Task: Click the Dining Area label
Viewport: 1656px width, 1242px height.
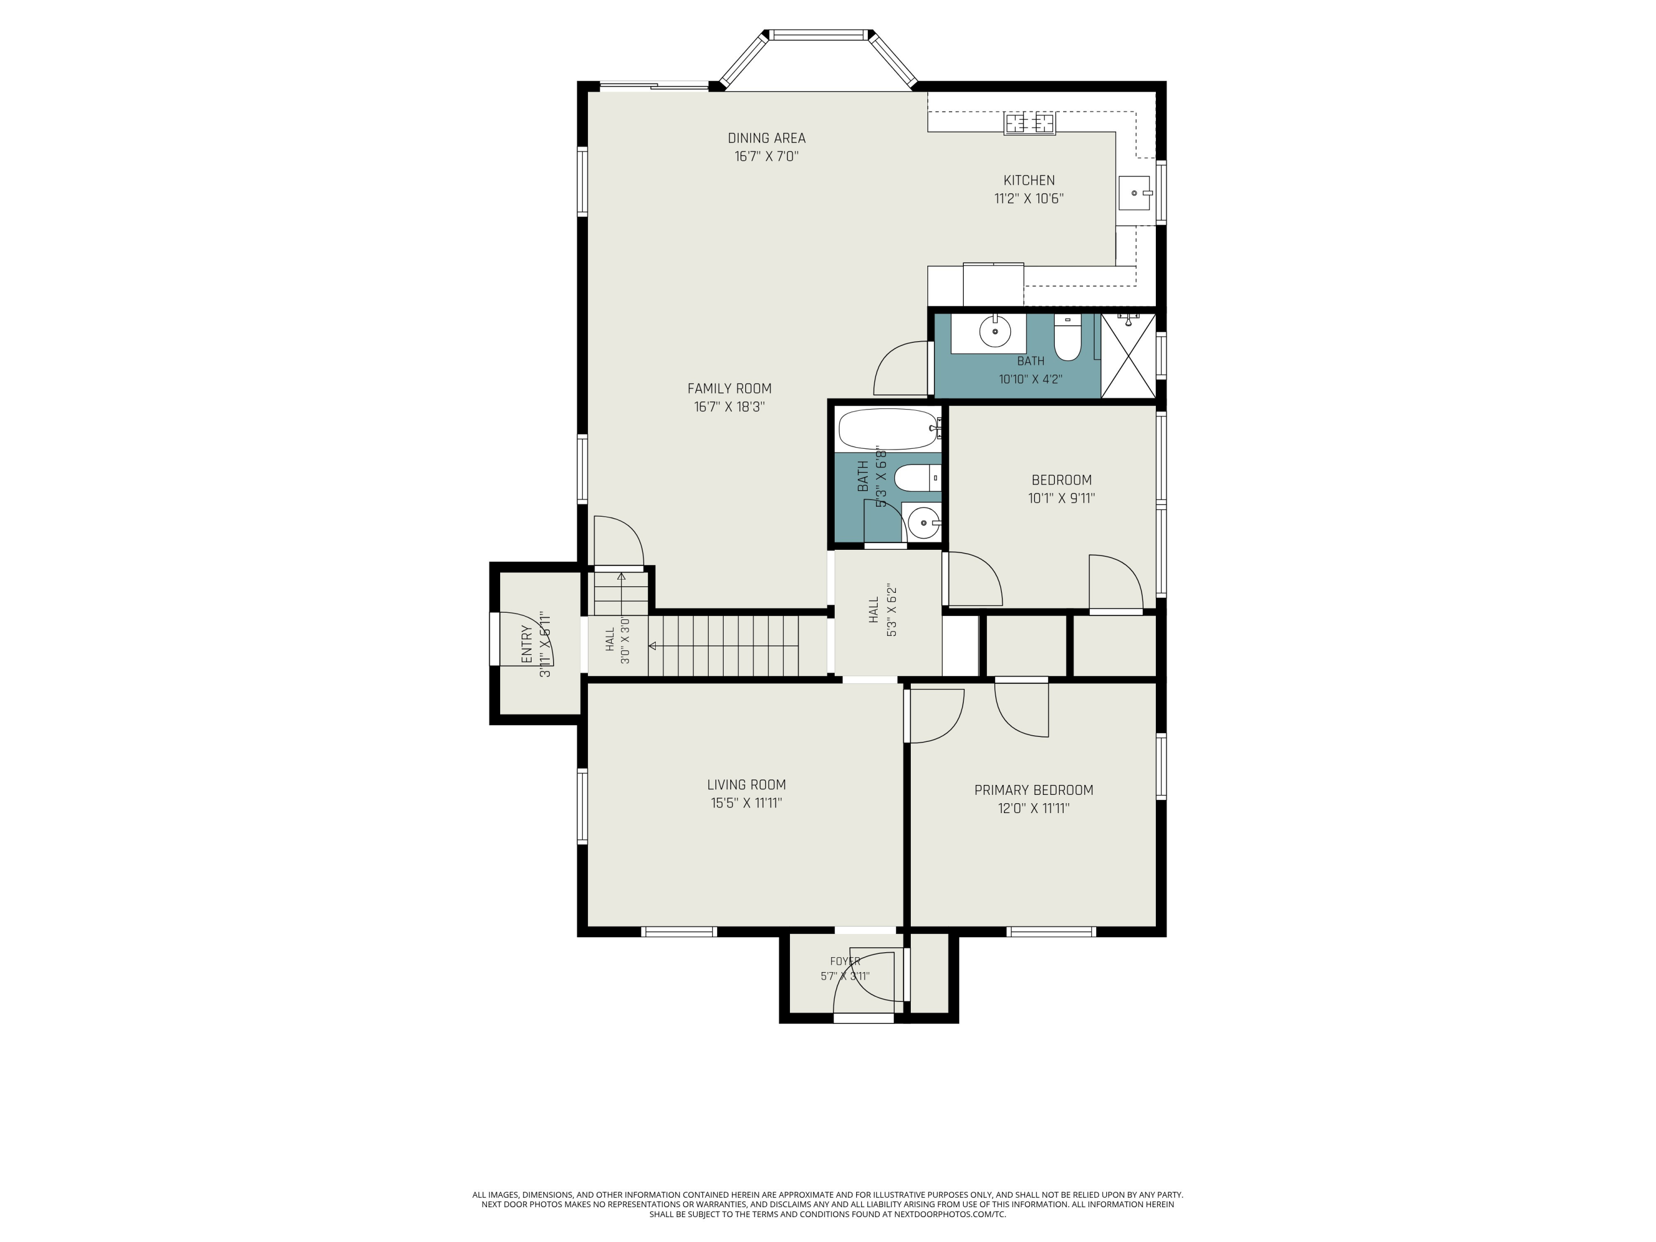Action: tap(767, 138)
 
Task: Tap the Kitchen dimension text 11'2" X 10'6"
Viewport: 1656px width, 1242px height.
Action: tap(1028, 198)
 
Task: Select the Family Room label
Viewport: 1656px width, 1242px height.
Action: tap(729, 389)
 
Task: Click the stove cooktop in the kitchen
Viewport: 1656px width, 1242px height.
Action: tap(1029, 124)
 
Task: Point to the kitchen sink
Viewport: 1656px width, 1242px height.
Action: tap(1135, 193)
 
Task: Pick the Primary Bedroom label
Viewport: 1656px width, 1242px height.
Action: tap(1033, 790)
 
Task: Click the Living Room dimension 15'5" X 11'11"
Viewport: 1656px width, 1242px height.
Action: tap(746, 803)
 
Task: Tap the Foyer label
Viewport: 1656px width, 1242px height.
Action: tap(845, 961)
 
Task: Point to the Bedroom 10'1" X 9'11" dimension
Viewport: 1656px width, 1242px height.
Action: tap(1061, 498)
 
